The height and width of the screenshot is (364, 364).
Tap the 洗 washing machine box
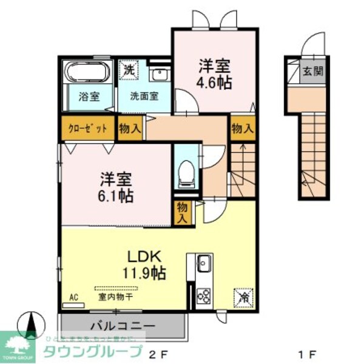[129, 69]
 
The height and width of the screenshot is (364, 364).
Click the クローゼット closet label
[87, 129]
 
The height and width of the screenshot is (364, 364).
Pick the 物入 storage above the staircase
[242, 129]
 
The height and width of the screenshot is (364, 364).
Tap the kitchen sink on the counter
[203, 264]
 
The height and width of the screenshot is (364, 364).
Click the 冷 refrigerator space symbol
[241, 298]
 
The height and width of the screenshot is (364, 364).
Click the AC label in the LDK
[74, 297]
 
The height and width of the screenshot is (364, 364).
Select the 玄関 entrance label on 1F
[312, 70]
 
